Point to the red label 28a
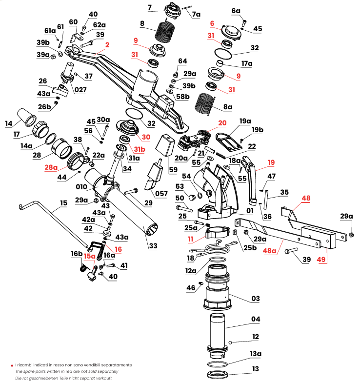click(51, 167)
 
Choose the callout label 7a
click(196, 15)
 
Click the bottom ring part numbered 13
click(219, 374)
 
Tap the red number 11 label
click(191, 240)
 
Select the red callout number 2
click(107, 44)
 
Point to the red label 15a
click(89, 256)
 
